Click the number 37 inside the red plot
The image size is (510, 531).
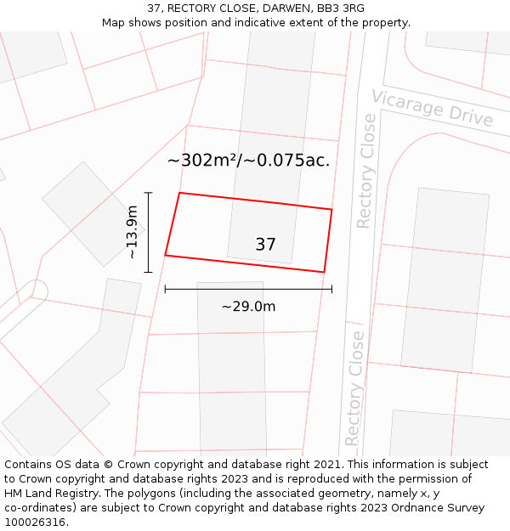pyautogui.click(x=265, y=245)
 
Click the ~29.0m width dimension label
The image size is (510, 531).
pyautogui.click(x=248, y=307)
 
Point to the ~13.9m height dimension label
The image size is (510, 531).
pyautogui.click(x=132, y=232)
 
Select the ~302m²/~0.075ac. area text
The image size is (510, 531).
pyautogui.click(x=248, y=160)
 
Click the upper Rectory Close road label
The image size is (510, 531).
pyautogui.click(x=365, y=171)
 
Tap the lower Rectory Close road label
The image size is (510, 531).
pyautogui.click(x=355, y=388)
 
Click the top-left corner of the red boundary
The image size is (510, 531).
pyautogui.click(x=179, y=193)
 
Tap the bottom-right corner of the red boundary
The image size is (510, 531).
pyautogui.click(x=324, y=272)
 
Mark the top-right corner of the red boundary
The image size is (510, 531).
pyautogui.click(x=331, y=209)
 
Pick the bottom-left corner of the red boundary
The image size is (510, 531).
pyautogui.click(x=165, y=255)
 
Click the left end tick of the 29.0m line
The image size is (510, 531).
pyautogui.click(x=165, y=290)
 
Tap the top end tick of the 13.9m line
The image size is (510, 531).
pyautogui.click(x=149, y=193)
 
